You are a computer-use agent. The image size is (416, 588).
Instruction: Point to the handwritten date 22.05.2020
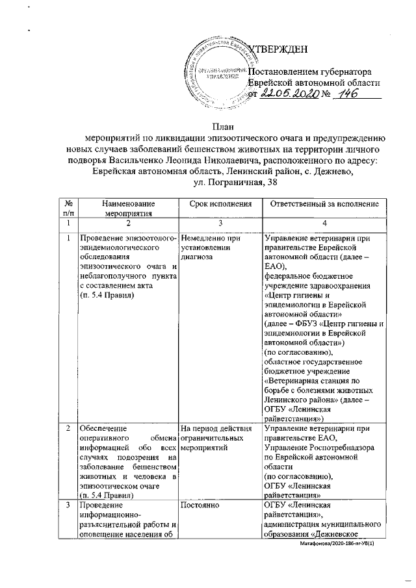pos(291,94)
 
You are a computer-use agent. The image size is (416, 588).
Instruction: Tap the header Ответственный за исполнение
pos(323,203)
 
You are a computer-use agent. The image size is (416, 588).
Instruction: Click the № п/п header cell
pos(68,207)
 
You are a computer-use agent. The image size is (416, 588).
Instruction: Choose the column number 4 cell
pos(323,223)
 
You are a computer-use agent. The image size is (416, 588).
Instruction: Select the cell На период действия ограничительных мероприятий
pos(215,439)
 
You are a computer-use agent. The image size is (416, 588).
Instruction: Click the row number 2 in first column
pos(68,429)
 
